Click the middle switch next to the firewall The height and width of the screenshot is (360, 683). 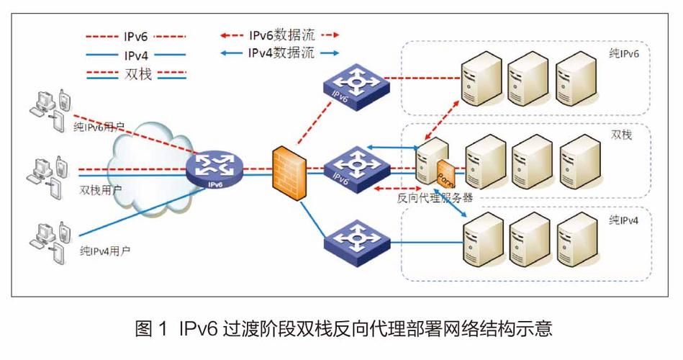tap(352, 168)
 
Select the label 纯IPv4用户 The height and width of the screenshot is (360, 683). tap(104, 251)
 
